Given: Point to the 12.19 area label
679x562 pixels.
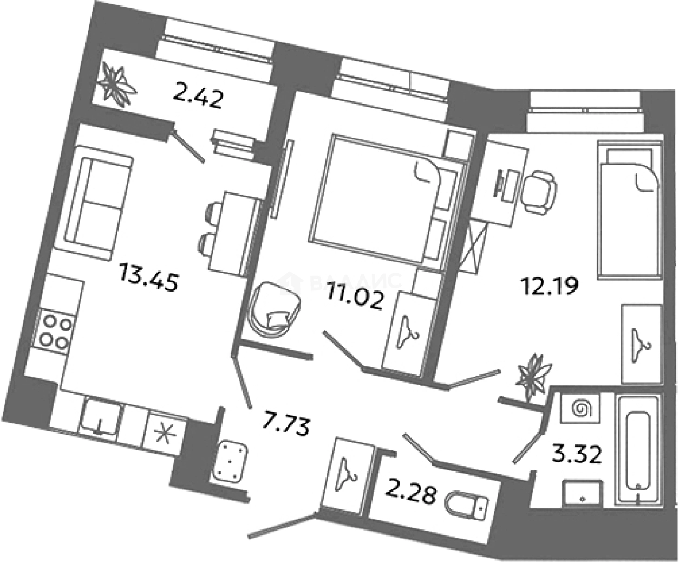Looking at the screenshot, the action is tap(549, 286).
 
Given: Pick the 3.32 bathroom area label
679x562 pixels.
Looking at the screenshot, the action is tap(577, 455).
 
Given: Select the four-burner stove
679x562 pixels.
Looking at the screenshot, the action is tap(55, 332).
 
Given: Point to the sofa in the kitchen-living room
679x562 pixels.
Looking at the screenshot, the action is tap(93, 203).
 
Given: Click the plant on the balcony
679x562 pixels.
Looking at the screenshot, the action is tap(116, 86).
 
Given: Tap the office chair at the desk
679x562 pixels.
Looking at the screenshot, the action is tap(539, 192).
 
